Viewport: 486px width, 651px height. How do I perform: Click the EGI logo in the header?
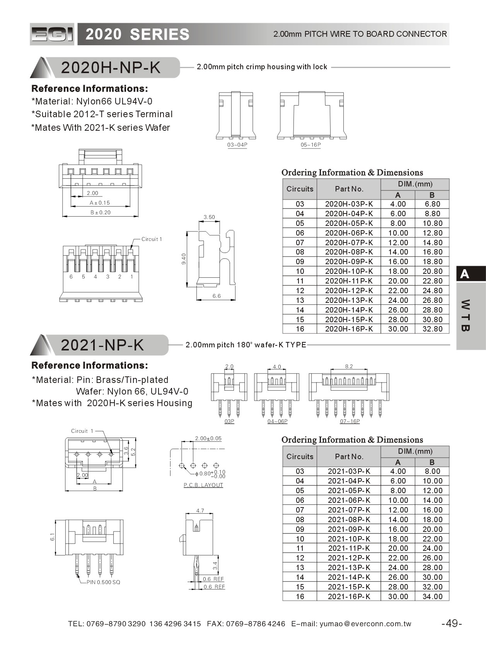click(x=52, y=34)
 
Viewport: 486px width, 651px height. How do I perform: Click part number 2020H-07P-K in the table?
click(x=349, y=243)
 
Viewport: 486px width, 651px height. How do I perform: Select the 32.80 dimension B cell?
click(x=432, y=329)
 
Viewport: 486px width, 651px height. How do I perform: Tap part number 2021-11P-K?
click(x=349, y=548)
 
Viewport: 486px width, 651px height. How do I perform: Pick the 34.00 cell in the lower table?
click(x=432, y=596)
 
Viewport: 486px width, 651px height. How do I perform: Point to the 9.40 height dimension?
click(x=184, y=259)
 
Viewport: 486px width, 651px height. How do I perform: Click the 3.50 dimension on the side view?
click(x=209, y=217)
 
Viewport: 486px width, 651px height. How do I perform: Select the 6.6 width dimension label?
click(x=217, y=296)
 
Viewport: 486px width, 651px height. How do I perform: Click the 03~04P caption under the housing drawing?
click(x=237, y=145)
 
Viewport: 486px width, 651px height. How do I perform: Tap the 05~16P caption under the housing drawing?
click(x=311, y=145)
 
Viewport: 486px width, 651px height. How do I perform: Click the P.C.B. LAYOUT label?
click(x=203, y=485)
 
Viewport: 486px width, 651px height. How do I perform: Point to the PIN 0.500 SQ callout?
click(x=103, y=582)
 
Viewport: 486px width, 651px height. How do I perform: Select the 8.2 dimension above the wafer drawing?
click(x=349, y=366)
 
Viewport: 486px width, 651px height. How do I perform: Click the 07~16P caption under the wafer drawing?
click(x=350, y=421)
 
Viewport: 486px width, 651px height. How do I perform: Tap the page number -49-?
click(x=452, y=623)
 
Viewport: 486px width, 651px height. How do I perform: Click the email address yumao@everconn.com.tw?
click(x=365, y=624)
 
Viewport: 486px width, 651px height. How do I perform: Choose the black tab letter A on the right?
click(x=465, y=274)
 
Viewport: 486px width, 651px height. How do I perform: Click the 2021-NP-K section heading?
click(x=102, y=345)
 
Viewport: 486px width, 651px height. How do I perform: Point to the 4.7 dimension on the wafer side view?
click(x=200, y=511)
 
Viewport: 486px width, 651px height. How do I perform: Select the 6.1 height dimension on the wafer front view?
click(x=53, y=537)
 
